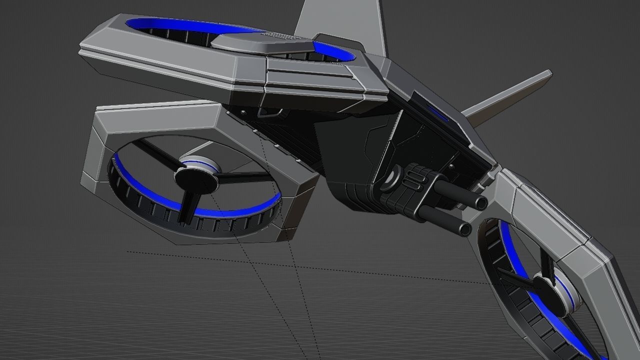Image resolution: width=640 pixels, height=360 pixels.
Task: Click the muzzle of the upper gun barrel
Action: pos(481,203)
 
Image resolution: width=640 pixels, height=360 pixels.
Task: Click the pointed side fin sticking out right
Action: pos(510,95)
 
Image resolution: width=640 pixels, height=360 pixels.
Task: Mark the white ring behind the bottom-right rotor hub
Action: pos(570,295)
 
